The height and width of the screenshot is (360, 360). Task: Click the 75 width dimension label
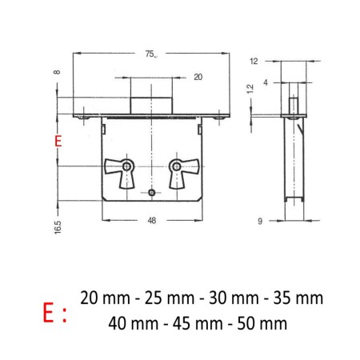(150, 54)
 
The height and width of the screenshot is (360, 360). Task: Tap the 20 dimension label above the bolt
(198, 77)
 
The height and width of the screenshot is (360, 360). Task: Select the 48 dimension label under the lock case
(152, 221)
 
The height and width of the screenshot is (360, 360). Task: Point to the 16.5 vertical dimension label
(58, 227)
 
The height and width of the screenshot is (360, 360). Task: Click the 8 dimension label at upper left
(57, 72)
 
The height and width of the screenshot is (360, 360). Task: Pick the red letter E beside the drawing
(58, 141)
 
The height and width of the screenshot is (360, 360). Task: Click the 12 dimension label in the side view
(254, 62)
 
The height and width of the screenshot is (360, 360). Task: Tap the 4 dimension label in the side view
(266, 82)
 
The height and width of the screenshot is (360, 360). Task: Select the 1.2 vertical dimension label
(250, 89)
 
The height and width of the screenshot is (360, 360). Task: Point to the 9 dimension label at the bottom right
(260, 221)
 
